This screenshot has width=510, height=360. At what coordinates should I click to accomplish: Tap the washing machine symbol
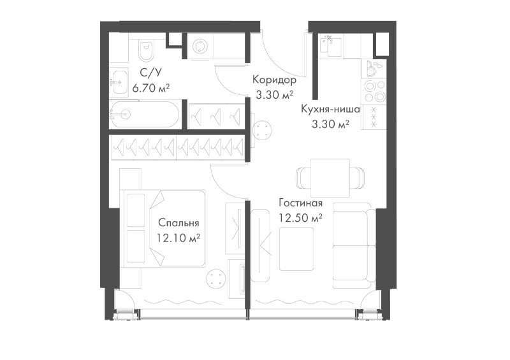[x=198, y=46]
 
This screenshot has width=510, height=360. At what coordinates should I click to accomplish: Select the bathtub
[x=144, y=114]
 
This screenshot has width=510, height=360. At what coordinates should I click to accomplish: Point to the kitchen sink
[x=331, y=47]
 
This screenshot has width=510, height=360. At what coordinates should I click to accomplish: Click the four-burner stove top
[x=374, y=91]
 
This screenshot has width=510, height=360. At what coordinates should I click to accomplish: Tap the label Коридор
[x=274, y=80]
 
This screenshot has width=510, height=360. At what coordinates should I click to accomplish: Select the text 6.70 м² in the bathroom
[x=151, y=88]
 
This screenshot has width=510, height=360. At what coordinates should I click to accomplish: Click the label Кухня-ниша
[x=330, y=109]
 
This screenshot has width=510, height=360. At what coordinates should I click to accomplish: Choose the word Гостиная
[x=300, y=203]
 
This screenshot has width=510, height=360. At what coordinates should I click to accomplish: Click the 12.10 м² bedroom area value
[x=178, y=238]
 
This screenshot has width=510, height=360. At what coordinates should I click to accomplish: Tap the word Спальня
[x=178, y=223]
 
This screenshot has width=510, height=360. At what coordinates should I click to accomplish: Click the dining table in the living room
[x=330, y=178]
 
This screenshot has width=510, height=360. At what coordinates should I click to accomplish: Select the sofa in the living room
[x=354, y=245]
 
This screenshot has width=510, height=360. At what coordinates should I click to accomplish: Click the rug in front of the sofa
[x=296, y=249]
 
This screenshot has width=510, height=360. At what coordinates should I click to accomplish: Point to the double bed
[x=163, y=228]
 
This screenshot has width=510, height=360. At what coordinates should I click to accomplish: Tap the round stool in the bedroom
[x=216, y=279]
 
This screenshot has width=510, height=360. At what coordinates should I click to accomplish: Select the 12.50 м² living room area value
[x=300, y=218]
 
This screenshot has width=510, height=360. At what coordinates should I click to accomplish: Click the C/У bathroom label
[x=150, y=73]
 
